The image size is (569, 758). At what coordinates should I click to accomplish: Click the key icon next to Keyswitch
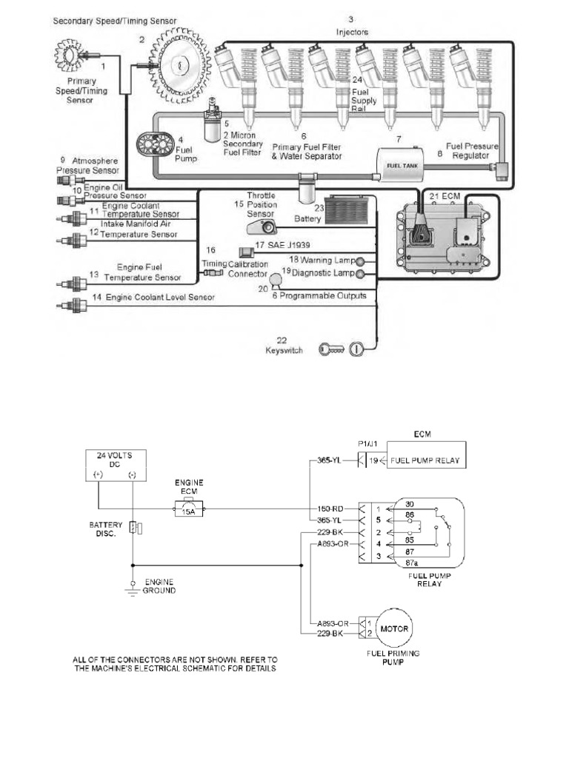[x=331, y=349]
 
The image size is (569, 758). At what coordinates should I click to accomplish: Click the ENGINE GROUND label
[x=159, y=586]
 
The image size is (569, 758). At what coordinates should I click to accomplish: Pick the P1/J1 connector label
[x=368, y=443]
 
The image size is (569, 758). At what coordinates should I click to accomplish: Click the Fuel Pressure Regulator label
[x=471, y=151]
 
